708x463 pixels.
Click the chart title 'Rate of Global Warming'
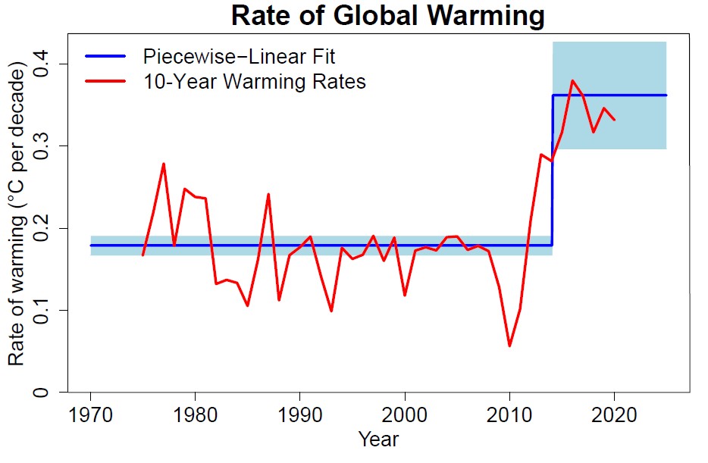tap(387, 16)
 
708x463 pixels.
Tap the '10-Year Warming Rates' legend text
tap(254, 81)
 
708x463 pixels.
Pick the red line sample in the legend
tap(105, 81)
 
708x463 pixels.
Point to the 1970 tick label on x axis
tap(91, 417)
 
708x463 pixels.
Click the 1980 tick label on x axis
tap(196, 417)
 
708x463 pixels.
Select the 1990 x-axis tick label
tap(300, 417)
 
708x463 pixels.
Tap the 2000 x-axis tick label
tap(405, 417)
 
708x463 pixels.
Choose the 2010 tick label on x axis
tap(509, 417)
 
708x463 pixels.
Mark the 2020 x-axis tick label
tap(614, 417)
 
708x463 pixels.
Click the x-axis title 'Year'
tap(378, 440)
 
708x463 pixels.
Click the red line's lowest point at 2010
tap(509, 346)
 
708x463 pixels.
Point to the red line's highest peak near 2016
tap(572, 80)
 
